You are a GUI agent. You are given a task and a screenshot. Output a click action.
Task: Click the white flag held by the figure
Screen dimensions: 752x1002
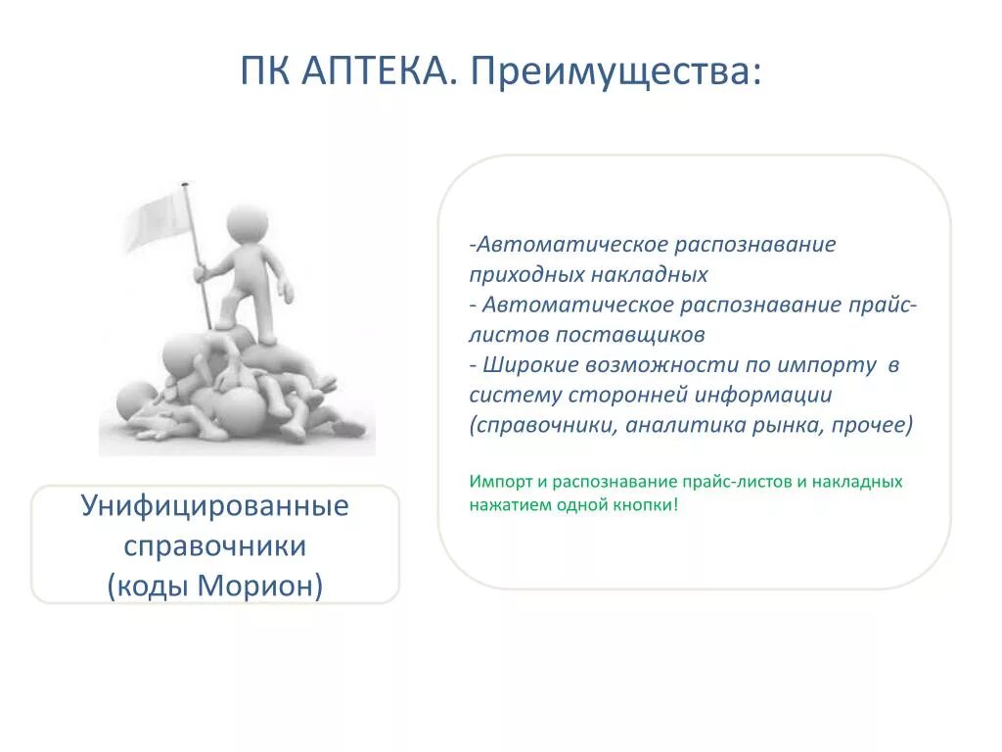[157, 217]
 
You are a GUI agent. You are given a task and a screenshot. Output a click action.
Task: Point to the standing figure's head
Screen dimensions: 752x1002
[248, 225]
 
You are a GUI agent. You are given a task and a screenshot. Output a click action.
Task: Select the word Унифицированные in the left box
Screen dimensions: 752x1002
[214, 506]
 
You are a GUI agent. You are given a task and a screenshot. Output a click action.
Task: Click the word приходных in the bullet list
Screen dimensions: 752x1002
[515, 275]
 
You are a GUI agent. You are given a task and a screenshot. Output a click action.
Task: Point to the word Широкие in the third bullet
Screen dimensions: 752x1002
[528, 364]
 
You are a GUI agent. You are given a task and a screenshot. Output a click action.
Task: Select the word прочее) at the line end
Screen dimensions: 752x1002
[877, 425]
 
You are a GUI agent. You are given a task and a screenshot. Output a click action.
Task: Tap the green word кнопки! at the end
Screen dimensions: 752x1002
[648, 505]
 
